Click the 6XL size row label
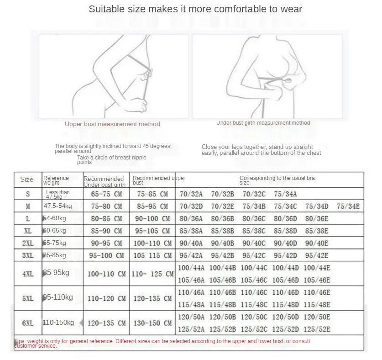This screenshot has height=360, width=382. click(x=28, y=323)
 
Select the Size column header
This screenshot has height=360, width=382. click(x=27, y=180)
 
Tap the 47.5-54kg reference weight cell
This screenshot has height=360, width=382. click(x=58, y=206)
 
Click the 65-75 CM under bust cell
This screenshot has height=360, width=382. click(x=106, y=194)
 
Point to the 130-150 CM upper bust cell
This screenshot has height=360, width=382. click(x=152, y=323)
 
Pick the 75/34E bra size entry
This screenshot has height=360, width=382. click(x=348, y=206)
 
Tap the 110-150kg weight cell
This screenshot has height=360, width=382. click(x=59, y=323)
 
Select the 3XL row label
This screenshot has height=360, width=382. click(x=28, y=255)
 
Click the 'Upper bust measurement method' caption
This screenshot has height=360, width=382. click(x=112, y=124)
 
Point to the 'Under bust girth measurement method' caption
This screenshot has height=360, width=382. click(x=263, y=123)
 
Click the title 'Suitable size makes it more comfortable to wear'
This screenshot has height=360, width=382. click(x=195, y=9)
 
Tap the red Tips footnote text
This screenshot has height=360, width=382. click(x=162, y=343)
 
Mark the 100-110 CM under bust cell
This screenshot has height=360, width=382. click(x=106, y=274)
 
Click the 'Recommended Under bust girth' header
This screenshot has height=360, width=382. click(x=105, y=181)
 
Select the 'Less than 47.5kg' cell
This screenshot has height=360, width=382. click(x=58, y=194)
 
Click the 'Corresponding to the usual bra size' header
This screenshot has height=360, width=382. click(x=277, y=180)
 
